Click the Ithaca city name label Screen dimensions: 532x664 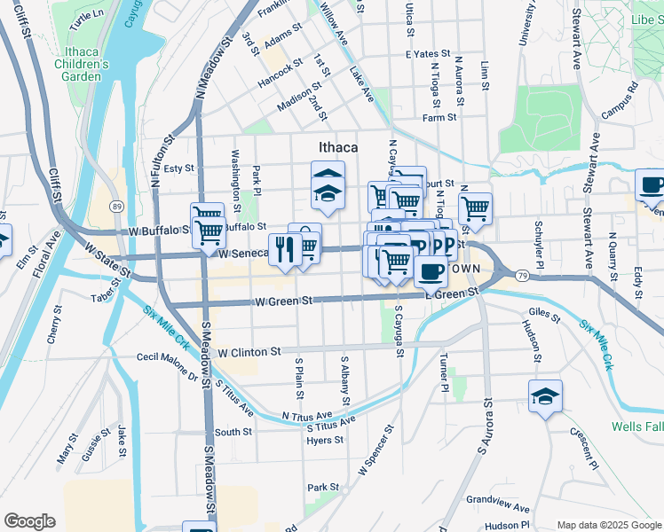tap(338, 147)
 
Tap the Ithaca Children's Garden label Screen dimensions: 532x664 tap(81, 64)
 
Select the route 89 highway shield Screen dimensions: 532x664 tap(116, 207)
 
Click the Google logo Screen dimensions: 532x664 tap(29, 521)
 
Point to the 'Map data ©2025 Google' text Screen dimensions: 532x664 tap(608, 525)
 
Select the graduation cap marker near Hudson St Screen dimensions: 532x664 tap(544, 395)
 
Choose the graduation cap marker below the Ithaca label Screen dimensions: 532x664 tap(328, 192)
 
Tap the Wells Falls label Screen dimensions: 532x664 tap(636, 426)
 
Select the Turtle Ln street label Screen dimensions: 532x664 tap(86, 15)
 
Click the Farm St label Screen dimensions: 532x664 tap(439, 117)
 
